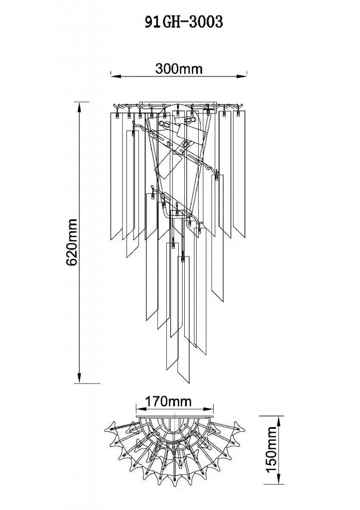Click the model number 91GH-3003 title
pos(184,22)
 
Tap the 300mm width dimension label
pos(179,69)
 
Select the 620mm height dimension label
pos(71,242)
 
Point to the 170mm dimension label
pos(168,401)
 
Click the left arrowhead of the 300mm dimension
pos(116,76)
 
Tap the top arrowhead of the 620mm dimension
pos(79,108)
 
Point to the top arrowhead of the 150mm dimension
pos(278,421)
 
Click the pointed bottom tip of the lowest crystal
pos(188,383)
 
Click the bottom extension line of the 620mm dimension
pos(87,383)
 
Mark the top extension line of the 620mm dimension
pos(82,102)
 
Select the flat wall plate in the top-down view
pos(175,415)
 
